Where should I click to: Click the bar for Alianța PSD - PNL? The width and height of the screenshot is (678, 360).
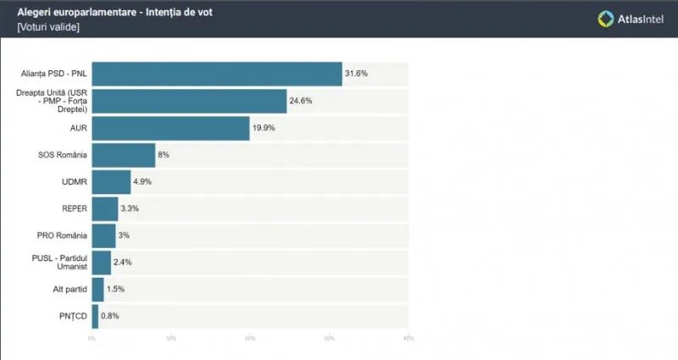(216, 75)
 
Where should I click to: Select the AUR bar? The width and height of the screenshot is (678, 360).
(170, 128)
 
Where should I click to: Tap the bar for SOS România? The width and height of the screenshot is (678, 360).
(123, 155)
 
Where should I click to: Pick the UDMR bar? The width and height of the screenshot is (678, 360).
(111, 182)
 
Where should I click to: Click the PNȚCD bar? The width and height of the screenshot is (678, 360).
(95, 316)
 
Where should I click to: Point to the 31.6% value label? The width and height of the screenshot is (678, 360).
(356, 75)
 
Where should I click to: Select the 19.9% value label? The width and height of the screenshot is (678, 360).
(264, 128)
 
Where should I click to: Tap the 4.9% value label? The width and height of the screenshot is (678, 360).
(142, 182)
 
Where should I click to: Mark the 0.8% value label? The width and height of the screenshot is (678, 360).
(109, 316)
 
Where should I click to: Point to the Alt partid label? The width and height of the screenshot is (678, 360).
(66, 290)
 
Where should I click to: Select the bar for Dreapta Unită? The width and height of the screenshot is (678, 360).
(189, 102)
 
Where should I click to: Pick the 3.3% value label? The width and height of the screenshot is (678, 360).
(130, 208)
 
